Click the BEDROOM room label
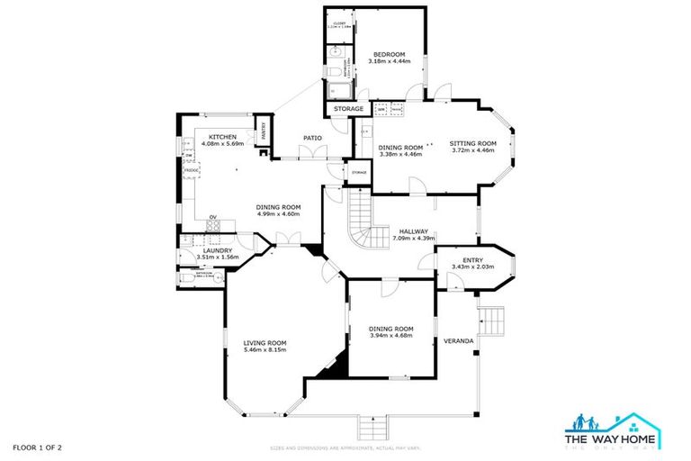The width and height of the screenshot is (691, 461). pyautogui.click(x=390, y=55)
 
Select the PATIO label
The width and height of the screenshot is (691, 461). pyautogui.click(x=312, y=138)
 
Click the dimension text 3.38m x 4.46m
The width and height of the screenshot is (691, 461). pyautogui.click(x=400, y=155)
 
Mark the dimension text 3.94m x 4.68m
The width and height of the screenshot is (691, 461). pyautogui.click(x=391, y=337)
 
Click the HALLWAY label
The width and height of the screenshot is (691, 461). pyautogui.click(x=414, y=231)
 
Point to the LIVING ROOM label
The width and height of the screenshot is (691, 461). pyautogui.click(x=265, y=342)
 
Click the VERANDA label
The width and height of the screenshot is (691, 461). pyautogui.click(x=459, y=341)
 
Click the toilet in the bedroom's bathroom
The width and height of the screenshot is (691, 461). pyautogui.click(x=333, y=72)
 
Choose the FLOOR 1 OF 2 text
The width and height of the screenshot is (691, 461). pyautogui.click(x=38, y=447)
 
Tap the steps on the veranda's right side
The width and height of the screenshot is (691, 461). pyautogui.click(x=491, y=317)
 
